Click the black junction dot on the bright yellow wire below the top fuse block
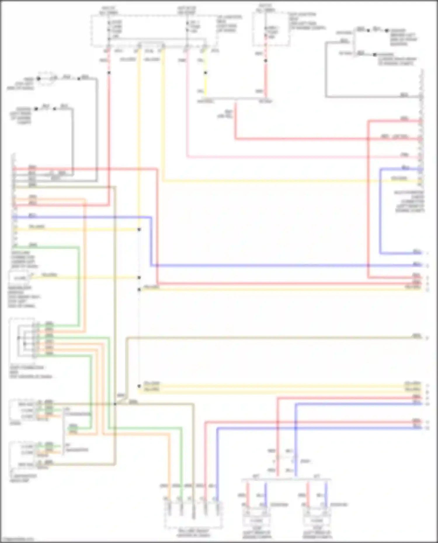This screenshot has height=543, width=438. click(205, 73)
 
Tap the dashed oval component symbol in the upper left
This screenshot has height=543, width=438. click(46, 79)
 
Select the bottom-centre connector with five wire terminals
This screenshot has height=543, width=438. click(193, 515)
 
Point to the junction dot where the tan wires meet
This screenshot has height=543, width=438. click(115, 404)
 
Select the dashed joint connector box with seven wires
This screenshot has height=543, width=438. click(23, 340)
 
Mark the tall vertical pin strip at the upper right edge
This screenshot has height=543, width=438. click(421, 128)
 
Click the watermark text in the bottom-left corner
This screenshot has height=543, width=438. click(17, 539)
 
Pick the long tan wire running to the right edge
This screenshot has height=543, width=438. click(263, 338)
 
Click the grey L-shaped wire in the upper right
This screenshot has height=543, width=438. click(326, 73)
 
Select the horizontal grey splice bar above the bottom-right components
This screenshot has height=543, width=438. click(286, 479)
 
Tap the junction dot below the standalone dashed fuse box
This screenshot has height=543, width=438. click(266, 61)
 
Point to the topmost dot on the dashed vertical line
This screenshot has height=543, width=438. click(139, 230)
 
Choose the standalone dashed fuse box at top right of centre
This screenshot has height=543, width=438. click(271, 29)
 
